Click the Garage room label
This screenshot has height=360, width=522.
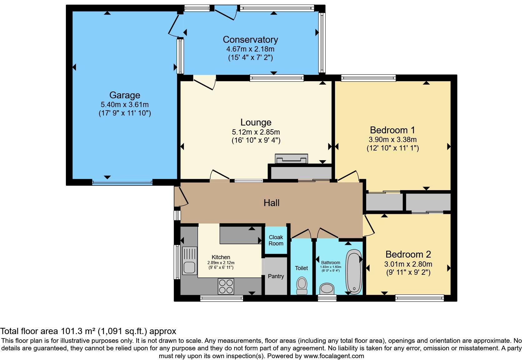coord(125,95)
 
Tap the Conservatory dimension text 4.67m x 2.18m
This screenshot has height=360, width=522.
coord(250,49)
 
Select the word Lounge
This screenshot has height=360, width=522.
coord(256,122)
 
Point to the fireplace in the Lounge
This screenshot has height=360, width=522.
coord(291,159)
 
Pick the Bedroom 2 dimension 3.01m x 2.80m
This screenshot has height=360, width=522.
coord(408,264)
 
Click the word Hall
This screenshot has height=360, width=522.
coord(271,203)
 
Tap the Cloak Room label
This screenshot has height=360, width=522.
coord(276,240)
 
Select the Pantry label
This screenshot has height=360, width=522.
coord(276,276)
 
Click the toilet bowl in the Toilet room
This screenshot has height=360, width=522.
coord(302,285)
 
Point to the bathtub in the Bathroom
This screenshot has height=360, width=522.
coord(354,272)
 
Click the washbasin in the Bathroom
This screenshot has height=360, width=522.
coord(327,288)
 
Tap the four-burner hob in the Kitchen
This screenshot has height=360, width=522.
coord(226,286)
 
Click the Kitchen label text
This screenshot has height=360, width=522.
coord(221,257)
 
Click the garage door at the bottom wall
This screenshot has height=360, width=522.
coord(122,183)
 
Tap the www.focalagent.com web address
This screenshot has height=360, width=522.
coord(334,356)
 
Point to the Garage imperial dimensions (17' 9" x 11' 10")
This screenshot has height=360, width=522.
coord(125,113)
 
